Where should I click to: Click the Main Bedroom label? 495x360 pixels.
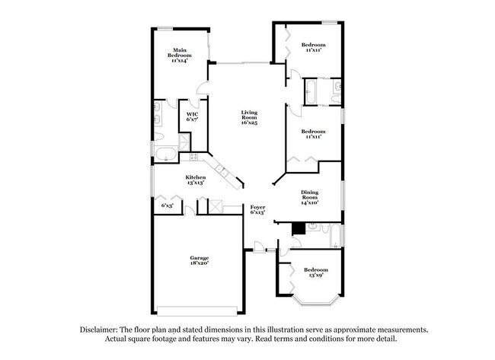click(180, 56)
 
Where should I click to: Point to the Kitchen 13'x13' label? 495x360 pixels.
click(196, 180)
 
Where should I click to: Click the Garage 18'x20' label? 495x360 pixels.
click(199, 260)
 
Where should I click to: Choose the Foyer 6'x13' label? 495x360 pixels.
click(257, 209)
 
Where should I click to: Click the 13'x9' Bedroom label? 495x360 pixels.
click(316, 272)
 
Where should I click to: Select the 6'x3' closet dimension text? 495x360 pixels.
click(167, 205)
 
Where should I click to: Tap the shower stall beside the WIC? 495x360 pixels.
click(184, 144)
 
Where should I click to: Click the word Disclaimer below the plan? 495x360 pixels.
click(102, 330)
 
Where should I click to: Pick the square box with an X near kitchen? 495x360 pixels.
click(216, 206)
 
